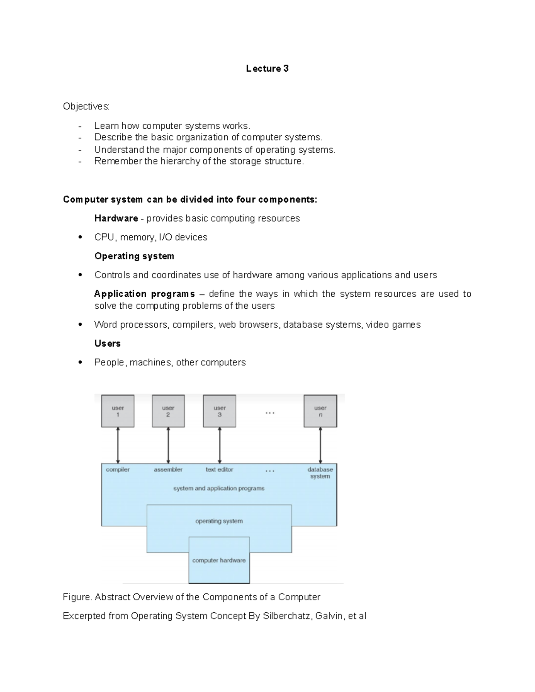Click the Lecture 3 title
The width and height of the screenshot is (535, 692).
(x=267, y=69)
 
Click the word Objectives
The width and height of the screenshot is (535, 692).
(x=86, y=106)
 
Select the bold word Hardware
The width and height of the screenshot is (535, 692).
(x=116, y=218)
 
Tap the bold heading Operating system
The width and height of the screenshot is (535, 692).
(x=134, y=256)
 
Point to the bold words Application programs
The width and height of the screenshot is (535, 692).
(x=144, y=294)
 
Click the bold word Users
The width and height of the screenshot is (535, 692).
(x=107, y=344)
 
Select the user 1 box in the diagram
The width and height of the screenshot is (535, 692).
(x=118, y=411)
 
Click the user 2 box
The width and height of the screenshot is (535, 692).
(x=168, y=411)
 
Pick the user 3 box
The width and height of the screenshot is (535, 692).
(x=219, y=411)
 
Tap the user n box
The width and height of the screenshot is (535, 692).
(x=320, y=411)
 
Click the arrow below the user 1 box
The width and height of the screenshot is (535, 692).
(x=118, y=445)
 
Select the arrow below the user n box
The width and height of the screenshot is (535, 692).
(x=320, y=445)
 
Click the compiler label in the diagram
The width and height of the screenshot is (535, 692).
(x=118, y=470)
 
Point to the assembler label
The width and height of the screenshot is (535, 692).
(x=168, y=470)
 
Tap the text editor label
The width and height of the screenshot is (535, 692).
(x=219, y=470)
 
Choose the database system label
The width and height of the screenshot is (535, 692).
(x=320, y=473)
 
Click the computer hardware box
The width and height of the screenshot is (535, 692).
(x=219, y=560)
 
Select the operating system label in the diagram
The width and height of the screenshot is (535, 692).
(x=219, y=521)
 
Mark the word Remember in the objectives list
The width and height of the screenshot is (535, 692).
(x=118, y=161)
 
